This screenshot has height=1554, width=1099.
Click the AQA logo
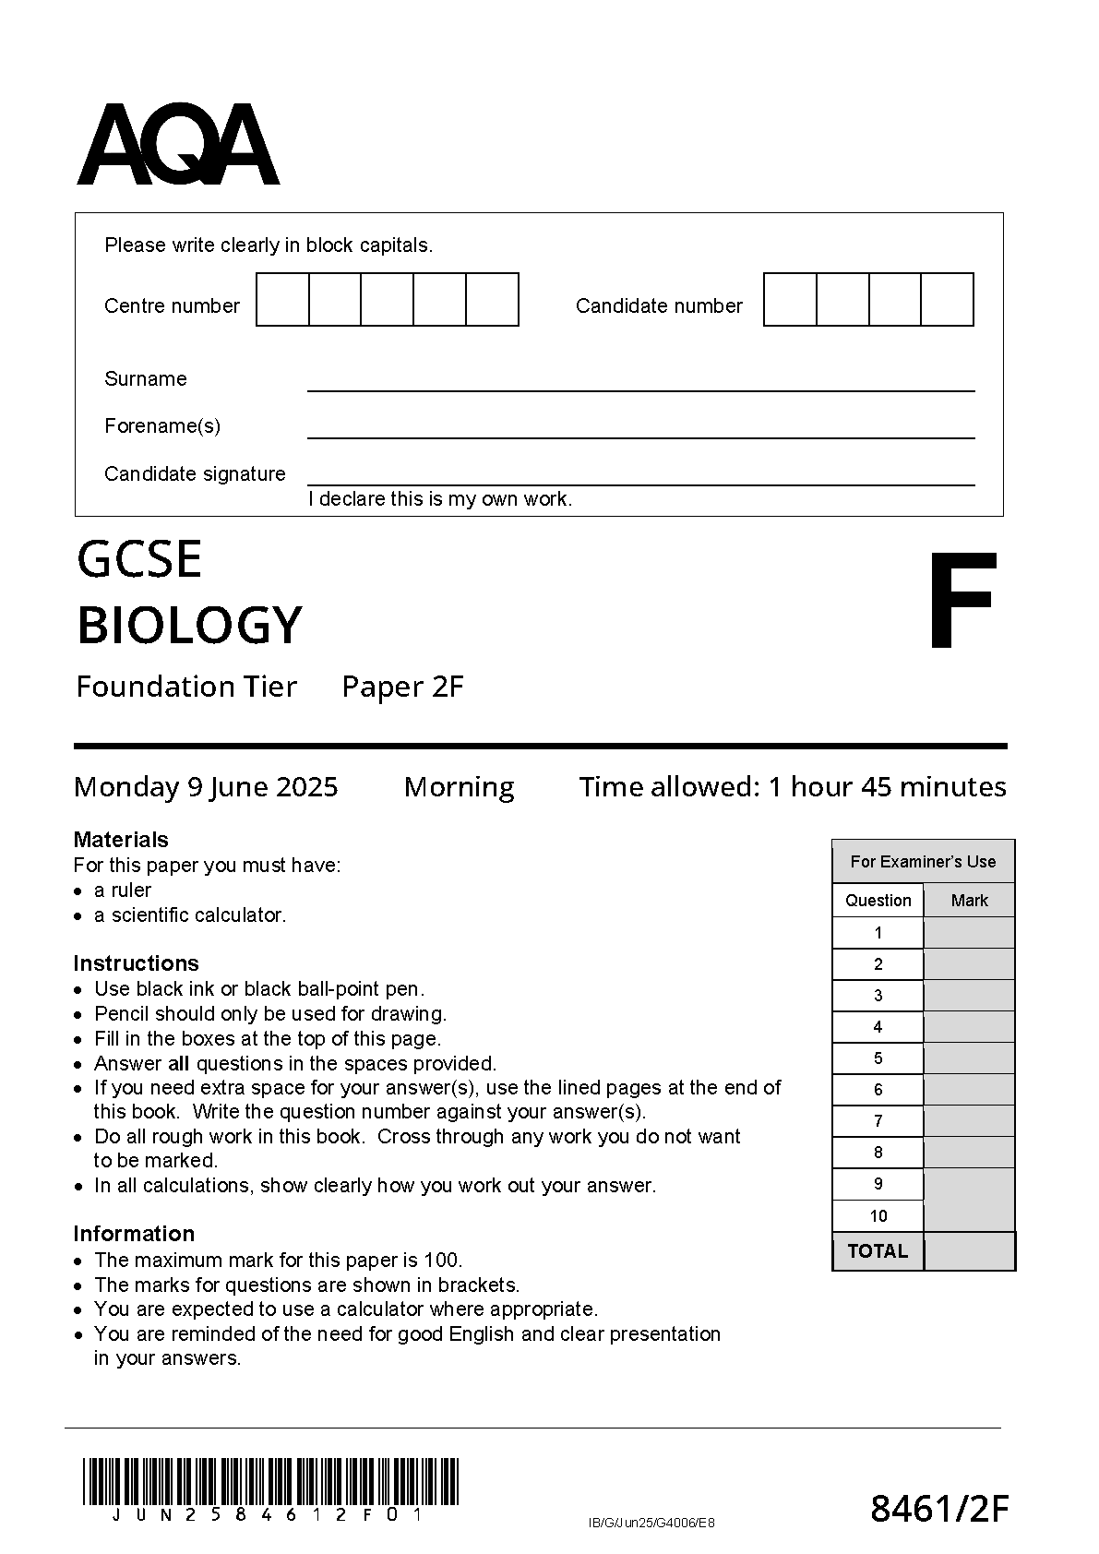click(x=178, y=145)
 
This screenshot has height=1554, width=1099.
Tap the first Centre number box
click(x=282, y=300)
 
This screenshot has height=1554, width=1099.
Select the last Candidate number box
click(x=948, y=300)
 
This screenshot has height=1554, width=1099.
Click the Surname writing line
click(x=640, y=389)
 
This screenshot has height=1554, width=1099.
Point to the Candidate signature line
click(x=640, y=483)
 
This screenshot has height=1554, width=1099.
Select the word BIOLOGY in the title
click(x=189, y=625)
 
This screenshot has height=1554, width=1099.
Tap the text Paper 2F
click(x=402, y=687)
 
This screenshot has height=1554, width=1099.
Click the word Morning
click(x=459, y=787)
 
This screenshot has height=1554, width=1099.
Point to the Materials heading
click(x=121, y=840)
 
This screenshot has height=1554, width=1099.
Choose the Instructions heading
click(x=136, y=963)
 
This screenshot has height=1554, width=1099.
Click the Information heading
click(x=134, y=1234)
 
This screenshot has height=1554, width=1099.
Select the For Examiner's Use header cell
click(x=923, y=862)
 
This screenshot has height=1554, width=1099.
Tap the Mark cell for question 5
click(x=969, y=1058)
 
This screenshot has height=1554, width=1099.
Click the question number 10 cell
click(x=878, y=1216)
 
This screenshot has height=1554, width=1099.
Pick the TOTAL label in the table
click(x=878, y=1251)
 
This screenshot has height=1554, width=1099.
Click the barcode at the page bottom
click(x=271, y=1482)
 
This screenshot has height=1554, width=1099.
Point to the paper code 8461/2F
click(x=939, y=1510)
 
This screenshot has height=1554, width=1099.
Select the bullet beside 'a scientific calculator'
click(x=80, y=916)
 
